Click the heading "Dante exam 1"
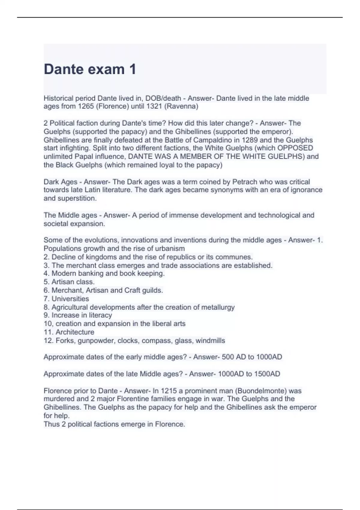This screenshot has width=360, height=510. [90, 69]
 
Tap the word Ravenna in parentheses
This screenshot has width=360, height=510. [181, 106]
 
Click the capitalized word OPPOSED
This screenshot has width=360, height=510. [295, 148]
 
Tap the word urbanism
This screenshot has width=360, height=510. [170, 249]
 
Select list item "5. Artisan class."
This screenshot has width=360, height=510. [69, 282]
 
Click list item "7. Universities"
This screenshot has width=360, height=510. [66, 299]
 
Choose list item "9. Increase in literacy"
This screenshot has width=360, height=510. [78, 315]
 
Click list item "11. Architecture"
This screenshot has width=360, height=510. [69, 332]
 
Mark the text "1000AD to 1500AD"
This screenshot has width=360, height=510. [249, 374]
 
